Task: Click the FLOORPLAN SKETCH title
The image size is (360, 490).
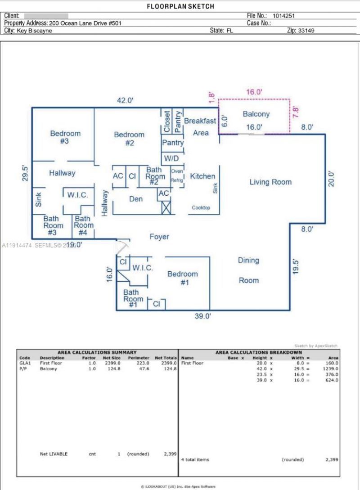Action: pos(180,6)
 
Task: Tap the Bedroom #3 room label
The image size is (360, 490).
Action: pos(65,137)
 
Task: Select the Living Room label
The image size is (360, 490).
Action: pos(270,182)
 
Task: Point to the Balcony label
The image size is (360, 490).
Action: pos(256,114)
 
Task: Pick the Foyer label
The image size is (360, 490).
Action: pos(159,237)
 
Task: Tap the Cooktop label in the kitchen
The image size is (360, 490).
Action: pos(201,208)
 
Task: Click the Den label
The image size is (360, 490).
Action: pos(136,198)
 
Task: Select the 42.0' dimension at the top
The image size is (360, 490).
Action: pos(125,101)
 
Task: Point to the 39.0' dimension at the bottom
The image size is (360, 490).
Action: pos(202,316)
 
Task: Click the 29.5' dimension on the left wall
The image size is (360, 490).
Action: pos(25,174)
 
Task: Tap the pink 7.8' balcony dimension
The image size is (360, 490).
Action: pos(296,111)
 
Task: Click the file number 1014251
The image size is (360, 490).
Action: pos(283,15)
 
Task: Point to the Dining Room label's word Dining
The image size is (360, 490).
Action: pos(248,260)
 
